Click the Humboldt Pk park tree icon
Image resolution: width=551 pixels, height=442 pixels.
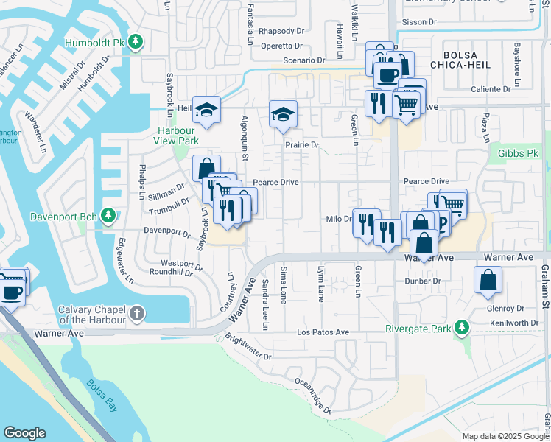[x=135, y=42]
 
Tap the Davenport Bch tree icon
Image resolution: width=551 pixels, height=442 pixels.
[x=108, y=216]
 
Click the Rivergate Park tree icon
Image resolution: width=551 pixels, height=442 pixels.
[x=462, y=326]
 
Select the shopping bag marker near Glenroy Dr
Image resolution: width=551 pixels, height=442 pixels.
[x=488, y=280]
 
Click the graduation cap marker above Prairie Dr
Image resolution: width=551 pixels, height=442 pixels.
[x=283, y=115]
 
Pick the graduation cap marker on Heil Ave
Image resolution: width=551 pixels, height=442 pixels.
[x=207, y=110]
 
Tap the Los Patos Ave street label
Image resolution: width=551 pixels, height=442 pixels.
[x=323, y=332]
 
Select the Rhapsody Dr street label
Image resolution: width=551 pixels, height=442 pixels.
[x=281, y=31]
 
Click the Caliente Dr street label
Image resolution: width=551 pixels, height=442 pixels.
[x=487, y=89]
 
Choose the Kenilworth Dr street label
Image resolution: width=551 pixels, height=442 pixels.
[x=513, y=323]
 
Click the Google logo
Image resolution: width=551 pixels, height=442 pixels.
[x=24, y=433]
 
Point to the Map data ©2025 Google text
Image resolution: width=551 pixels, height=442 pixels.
[x=505, y=436]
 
